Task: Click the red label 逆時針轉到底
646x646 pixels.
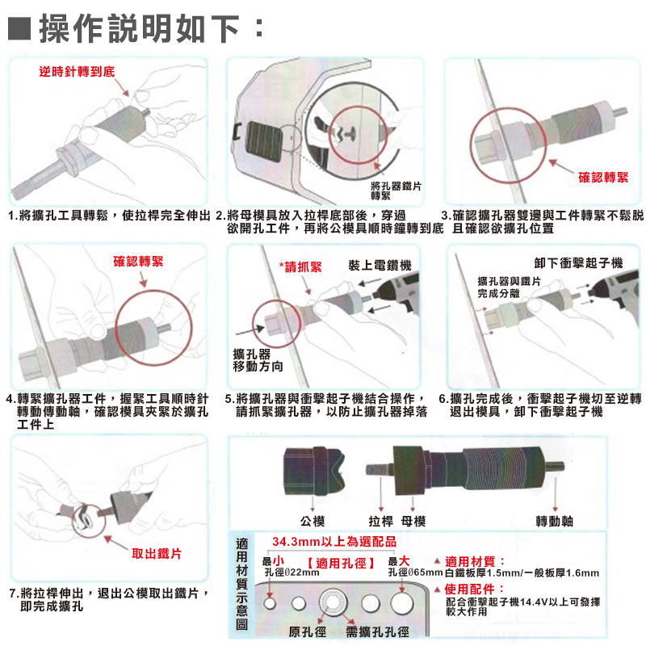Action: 77,72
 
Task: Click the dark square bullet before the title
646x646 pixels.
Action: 19,28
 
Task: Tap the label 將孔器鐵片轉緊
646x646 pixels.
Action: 396,191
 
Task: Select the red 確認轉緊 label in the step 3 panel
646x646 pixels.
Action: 603,178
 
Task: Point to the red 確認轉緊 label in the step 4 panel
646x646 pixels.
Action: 138,261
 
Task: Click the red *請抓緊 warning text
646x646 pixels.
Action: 300,267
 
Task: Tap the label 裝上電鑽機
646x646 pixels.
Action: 380,266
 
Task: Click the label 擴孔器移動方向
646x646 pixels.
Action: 258,360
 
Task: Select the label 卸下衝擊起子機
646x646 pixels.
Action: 578,262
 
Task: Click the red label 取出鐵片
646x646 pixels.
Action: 157,553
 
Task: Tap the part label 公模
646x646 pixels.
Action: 313,521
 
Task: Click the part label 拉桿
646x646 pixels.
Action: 381,521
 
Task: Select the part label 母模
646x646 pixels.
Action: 413,521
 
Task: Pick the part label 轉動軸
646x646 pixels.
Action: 555,521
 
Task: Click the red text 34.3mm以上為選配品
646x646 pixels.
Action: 334,541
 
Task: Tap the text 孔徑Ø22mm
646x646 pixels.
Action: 292,573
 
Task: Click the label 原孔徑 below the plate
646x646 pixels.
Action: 308,631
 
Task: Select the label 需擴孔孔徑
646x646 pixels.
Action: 377,631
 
